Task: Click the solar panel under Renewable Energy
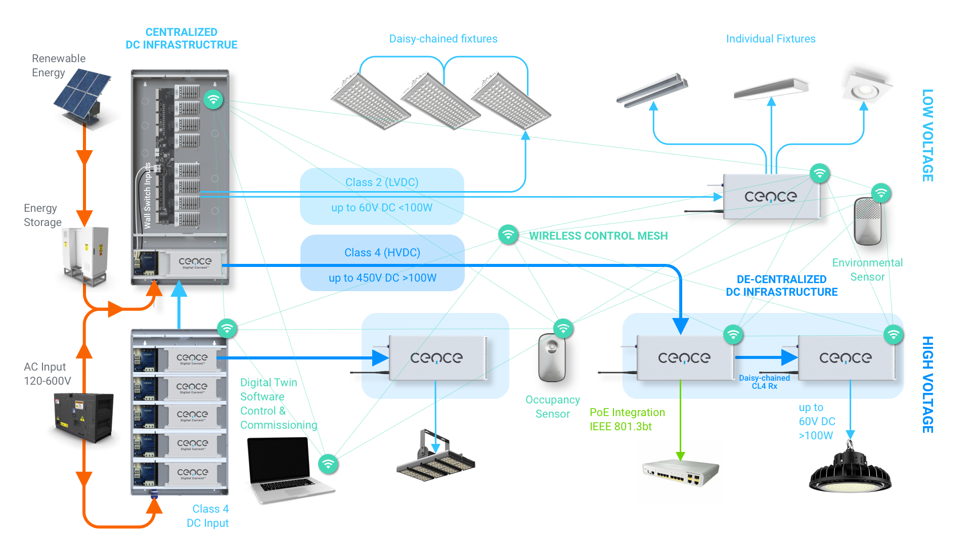pos(82,94)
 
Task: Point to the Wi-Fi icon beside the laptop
pos(328,463)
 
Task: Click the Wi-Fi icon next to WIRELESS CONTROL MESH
pos(508,234)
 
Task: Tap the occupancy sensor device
pos(551,357)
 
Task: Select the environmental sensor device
pos(868,221)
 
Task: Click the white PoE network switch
pos(680,473)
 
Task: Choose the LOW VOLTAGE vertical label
pos(928,135)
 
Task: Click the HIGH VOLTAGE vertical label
pos(928,384)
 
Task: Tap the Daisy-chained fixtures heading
pos(443,39)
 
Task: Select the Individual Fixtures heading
pos(770,39)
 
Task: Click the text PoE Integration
pos(627,413)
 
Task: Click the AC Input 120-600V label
pos(47,374)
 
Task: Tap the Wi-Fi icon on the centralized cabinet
pos(213,99)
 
